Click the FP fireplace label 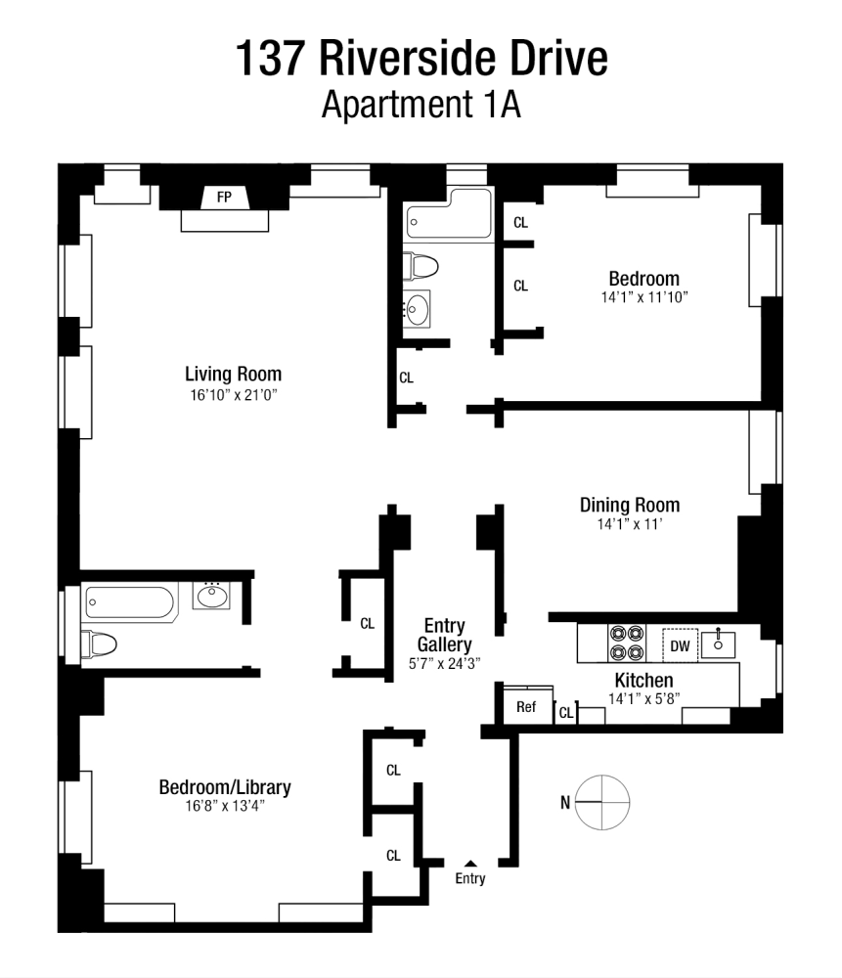[224, 198]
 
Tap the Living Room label [233, 374]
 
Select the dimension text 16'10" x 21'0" [233, 394]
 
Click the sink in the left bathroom [211, 595]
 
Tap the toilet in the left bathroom [100, 643]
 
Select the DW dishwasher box [681, 645]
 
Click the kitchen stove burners [627, 642]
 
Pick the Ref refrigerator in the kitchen [526, 706]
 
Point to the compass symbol [603, 802]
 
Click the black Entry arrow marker [470, 863]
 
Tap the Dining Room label [629, 505]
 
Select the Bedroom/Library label [225, 786]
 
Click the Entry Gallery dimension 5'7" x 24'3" [443, 662]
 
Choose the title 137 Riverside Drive [421, 59]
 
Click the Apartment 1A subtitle [421, 105]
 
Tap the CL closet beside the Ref [565, 714]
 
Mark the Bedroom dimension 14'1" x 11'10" [643, 297]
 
